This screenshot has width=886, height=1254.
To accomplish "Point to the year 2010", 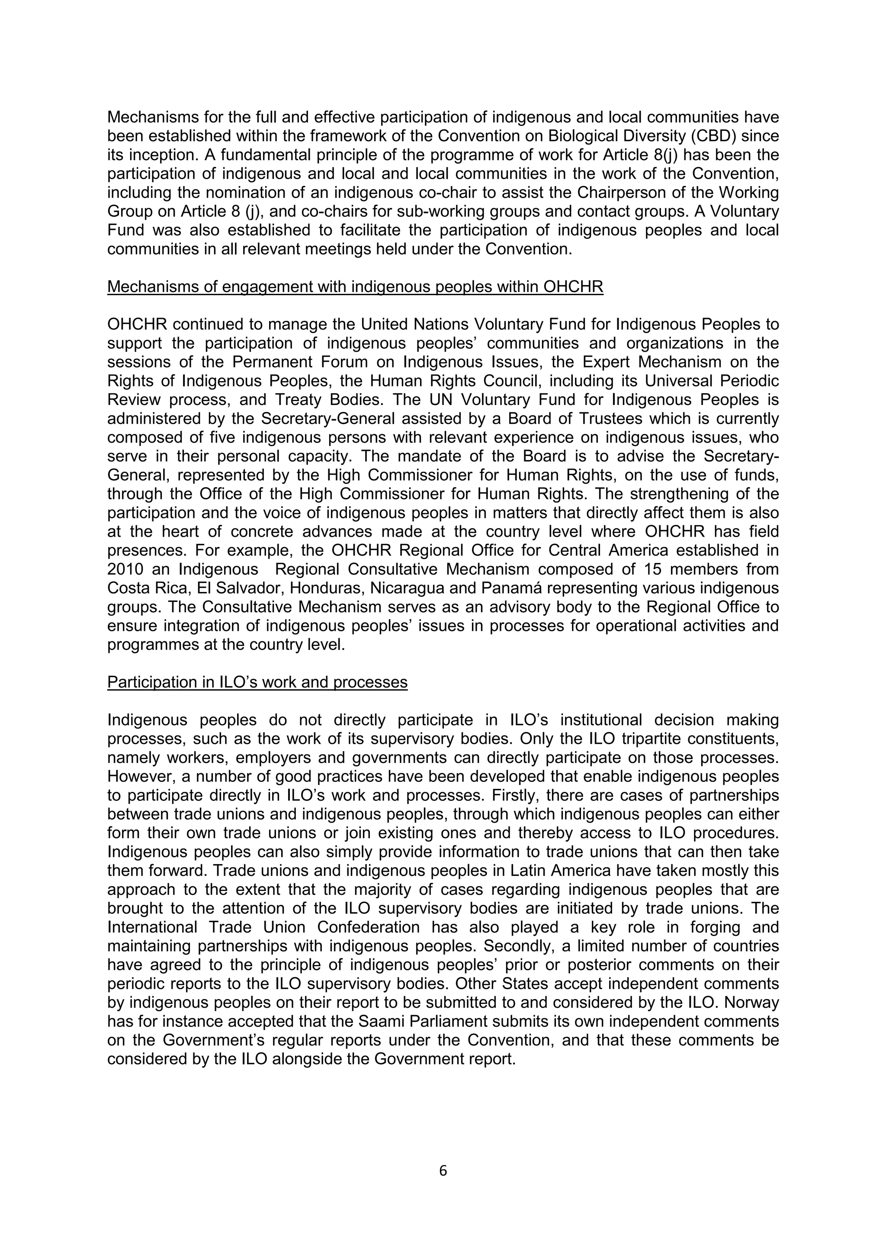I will tap(125, 569).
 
